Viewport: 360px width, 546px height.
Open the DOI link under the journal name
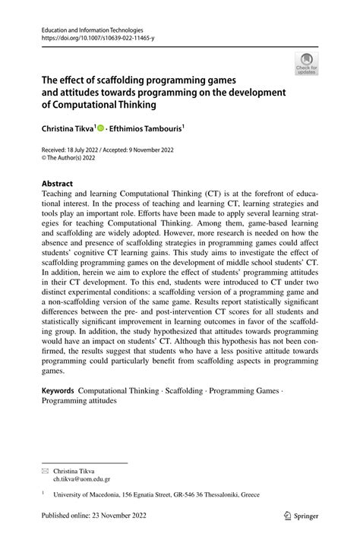[x=90, y=36]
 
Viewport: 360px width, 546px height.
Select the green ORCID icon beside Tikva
[x=99, y=129]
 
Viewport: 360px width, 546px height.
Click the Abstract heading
[x=57, y=184]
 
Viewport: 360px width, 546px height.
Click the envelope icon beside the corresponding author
[x=44, y=471]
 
